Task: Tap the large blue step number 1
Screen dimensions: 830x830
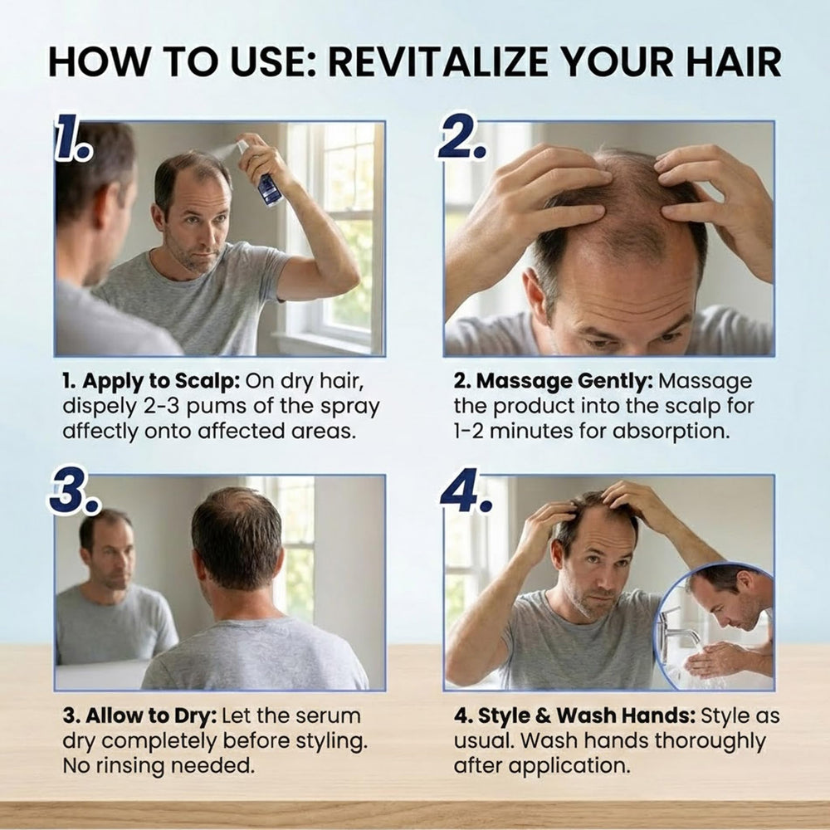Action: pyautogui.click(x=73, y=137)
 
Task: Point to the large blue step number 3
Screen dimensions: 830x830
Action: pyautogui.click(x=74, y=491)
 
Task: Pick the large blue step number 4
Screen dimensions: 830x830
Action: pyautogui.click(x=466, y=491)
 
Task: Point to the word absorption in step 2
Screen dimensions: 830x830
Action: pyautogui.click(x=671, y=432)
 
